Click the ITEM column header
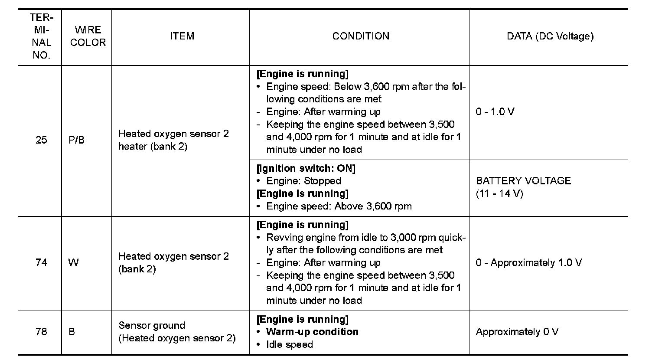pos(182,36)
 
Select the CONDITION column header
pos(360,36)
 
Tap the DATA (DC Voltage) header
pos(550,36)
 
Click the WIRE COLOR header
pos(88,36)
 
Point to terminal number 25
pos(41,141)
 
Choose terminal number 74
pos(41,263)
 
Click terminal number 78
pos(41,332)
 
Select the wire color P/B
pos(76,141)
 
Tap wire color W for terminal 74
pos(73,263)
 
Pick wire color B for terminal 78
pos(72,332)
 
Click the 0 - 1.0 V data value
pos(495,112)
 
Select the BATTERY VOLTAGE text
pos(523,181)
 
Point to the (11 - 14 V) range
pos(499,193)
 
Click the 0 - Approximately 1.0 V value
pos(528,263)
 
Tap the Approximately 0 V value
pos(517,332)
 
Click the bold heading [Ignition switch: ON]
pos(306,168)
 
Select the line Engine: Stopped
pos(303,181)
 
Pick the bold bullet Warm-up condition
pos(312,332)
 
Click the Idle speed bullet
pos(289,345)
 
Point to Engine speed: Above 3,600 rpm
pos(339,206)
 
